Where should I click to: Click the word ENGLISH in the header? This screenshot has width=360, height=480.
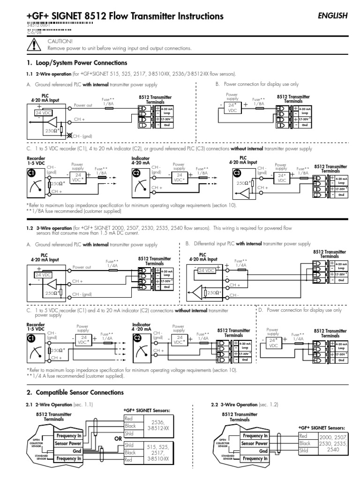click(333, 15)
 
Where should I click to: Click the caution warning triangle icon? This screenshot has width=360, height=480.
click(34, 45)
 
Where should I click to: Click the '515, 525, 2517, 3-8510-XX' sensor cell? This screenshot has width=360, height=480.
click(159, 453)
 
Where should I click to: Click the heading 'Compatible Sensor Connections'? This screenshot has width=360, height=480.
click(75, 392)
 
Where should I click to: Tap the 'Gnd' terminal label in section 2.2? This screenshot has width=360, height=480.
click(263, 451)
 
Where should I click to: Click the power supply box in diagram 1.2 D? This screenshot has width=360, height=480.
click(273, 344)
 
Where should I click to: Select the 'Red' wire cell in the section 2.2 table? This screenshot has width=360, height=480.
click(304, 435)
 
